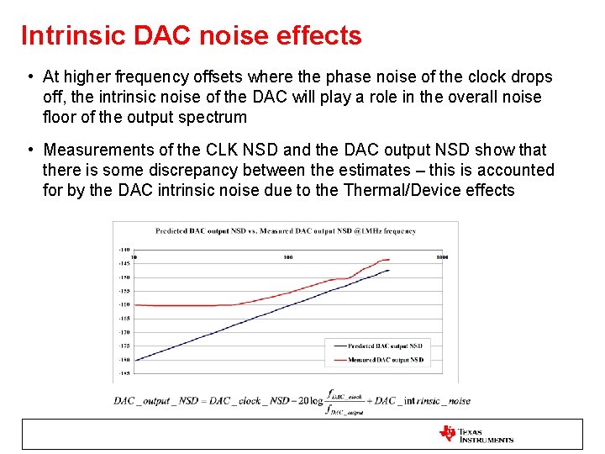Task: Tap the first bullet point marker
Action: click(x=29, y=77)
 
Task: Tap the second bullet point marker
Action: click(x=29, y=150)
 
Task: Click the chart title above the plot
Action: click(x=285, y=230)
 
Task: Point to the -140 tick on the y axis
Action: click(x=124, y=250)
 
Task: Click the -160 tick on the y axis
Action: click(x=124, y=304)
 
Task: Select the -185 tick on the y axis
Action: click(x=124, y=372)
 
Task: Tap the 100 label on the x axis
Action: click(x=288, y=256)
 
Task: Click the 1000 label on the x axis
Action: click(x=441, y=256)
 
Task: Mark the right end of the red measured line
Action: click(x=389, y=259)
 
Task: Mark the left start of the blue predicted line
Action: click(x=135, y=360)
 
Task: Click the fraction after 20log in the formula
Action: click(x=347, y=401)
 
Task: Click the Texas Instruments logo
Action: click(x=476, y=434)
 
